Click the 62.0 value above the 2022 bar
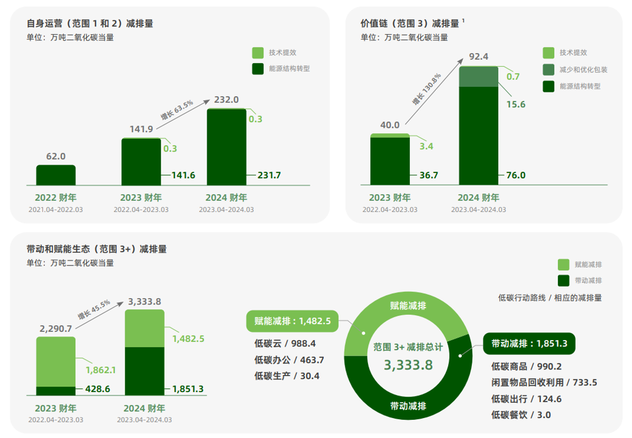[x=56, y=157]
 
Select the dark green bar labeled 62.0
[x=56, y=175]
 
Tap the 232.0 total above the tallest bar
[x=227, y=100]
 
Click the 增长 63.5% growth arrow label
[x=177, y=109]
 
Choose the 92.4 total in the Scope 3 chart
[x=478, y=56]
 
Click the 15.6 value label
[x=516, y=105]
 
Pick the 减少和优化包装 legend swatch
[x=548, y=70]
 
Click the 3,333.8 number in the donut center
[x=408, y=365]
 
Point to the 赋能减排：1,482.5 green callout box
[x=292, y=321]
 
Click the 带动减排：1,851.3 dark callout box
[x=529, y=343]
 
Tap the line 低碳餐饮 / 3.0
[x=521, y=415]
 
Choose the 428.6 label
[x=97, y=389]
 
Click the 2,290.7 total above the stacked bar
[x=56, y=328]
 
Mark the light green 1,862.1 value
[x=101, y=370]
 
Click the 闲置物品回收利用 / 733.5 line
[x=544, y=382]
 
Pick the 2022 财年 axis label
[x=56, y=197]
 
